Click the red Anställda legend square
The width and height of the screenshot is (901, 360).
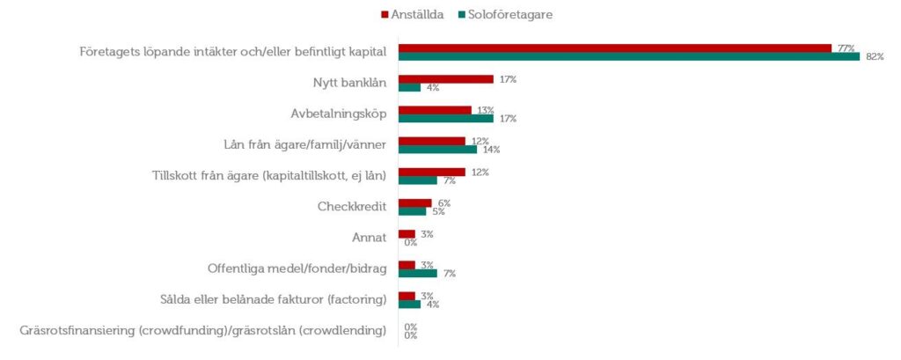point(385,15)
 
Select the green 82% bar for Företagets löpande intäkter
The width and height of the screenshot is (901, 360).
point(628,56)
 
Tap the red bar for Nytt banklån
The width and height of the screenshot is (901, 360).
point(446,79)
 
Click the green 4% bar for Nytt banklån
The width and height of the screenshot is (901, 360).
point(409,87)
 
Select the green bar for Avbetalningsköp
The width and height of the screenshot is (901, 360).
point(446,118)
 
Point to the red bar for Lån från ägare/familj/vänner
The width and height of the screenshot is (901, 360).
point(432,141)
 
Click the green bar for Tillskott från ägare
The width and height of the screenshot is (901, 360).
point(418,180)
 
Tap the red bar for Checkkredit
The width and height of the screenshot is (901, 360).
point(415,203)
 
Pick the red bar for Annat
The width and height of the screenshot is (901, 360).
point(407,234)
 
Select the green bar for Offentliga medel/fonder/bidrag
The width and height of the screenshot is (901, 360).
point(418,273)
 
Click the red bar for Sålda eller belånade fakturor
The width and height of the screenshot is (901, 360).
point(407,296)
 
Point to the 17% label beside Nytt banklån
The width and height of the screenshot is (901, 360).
point(507,79)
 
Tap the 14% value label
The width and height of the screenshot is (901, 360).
point(490,150)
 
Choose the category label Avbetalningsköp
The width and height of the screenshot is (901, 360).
point(339,114)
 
